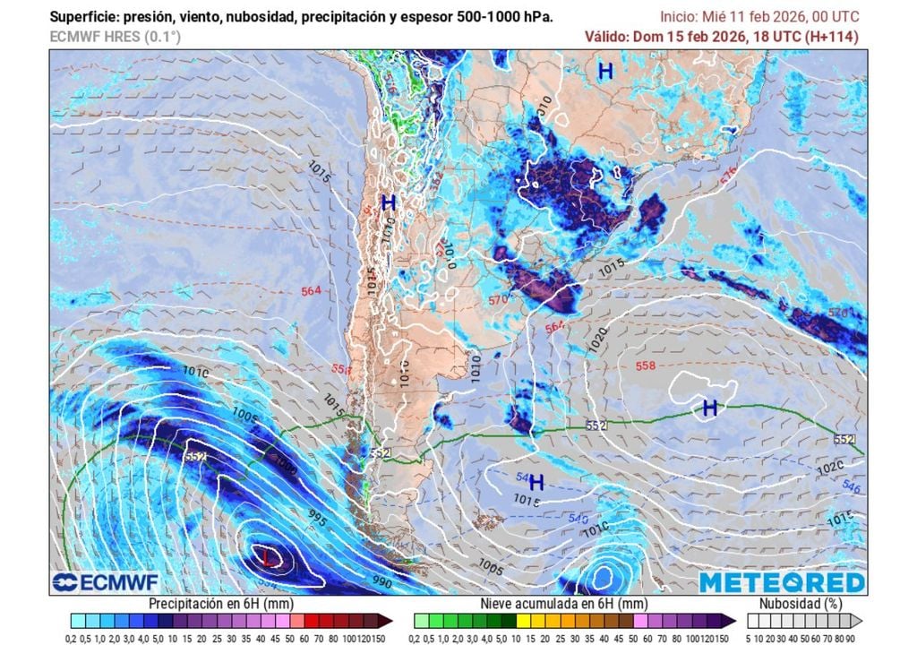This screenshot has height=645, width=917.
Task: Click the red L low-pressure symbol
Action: click(267, 558)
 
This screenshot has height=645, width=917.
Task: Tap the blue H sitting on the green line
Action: click(710, 408)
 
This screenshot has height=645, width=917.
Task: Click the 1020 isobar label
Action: click(597, 339)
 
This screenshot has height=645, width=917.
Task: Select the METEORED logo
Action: click(782, 582)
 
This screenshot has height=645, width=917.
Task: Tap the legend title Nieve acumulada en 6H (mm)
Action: click(564, 604)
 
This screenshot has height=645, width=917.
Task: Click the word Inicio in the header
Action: click(679, 17)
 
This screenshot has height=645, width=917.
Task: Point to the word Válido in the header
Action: click(606, 37)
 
